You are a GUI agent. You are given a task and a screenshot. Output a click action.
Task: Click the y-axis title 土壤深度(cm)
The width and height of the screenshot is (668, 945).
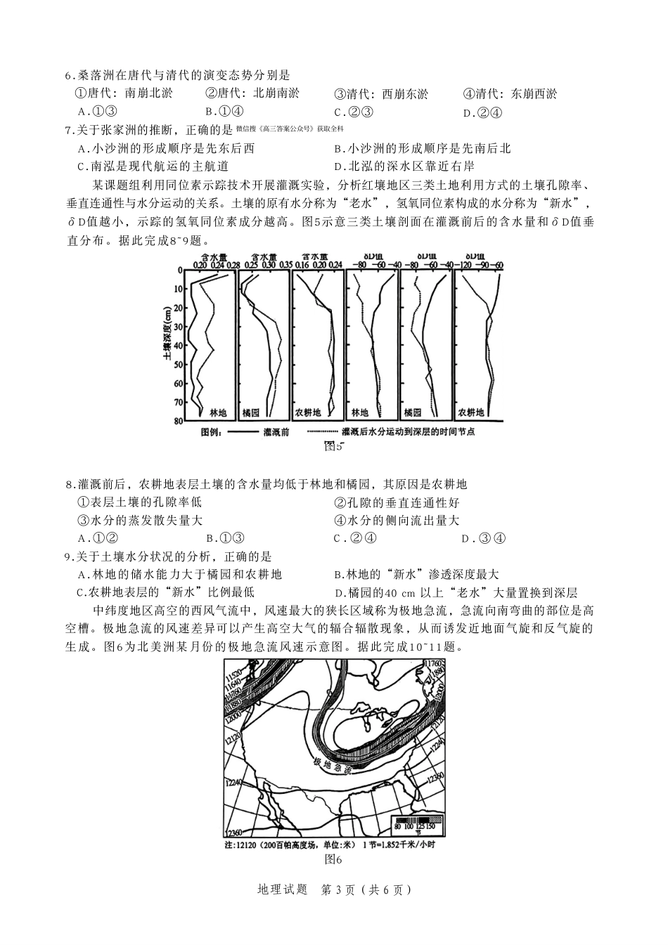pos(167,332)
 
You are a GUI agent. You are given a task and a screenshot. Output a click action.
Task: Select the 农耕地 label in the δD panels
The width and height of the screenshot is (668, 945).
pos(471,412)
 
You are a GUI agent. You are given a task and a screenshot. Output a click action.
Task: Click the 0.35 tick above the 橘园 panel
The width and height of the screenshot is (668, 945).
pos(285,265)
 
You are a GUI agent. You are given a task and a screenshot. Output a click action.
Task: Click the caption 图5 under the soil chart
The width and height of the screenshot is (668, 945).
pos(333,445)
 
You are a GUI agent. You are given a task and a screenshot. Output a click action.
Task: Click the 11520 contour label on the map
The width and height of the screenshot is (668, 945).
pos(233,682)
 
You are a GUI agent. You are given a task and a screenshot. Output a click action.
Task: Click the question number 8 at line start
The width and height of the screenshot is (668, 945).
pos(68,485)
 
